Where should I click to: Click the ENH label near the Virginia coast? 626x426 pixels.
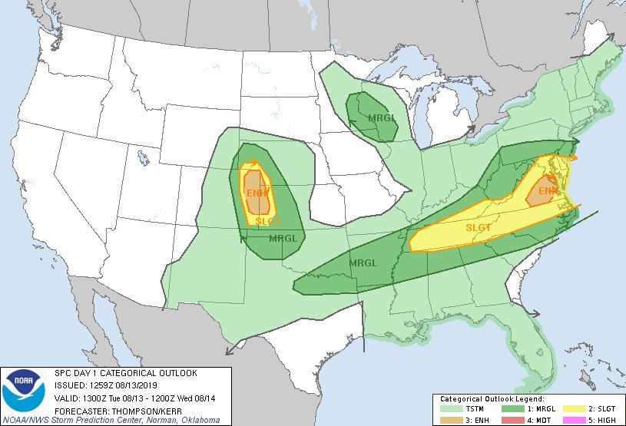548,190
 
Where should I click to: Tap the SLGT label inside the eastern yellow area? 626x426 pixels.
479,227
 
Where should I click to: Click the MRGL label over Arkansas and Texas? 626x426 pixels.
363,263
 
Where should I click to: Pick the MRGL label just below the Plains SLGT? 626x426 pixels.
283,238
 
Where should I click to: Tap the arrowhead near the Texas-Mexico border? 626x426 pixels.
229,352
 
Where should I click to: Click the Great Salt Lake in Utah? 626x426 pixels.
143,158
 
